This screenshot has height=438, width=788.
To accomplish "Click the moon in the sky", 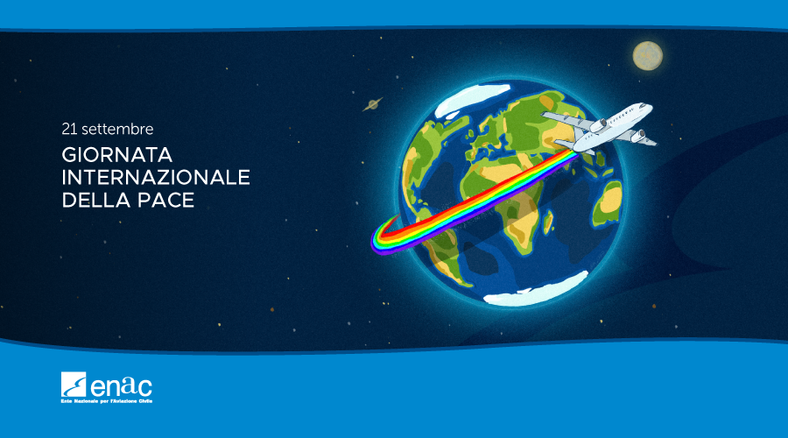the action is click(647, 56).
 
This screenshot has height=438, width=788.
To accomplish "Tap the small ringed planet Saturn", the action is click(372, 104).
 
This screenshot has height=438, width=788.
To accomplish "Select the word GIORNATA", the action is click(117, 155).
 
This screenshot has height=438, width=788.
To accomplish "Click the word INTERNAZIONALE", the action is click(156, 178).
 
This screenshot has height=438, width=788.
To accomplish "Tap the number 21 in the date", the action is click(69, 130).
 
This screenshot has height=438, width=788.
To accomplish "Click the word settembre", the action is click(117, 130).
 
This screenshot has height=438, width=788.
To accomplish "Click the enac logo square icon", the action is click(74, 385).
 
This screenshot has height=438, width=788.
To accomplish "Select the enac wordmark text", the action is click(121, 386).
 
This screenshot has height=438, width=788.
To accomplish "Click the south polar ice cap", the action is click(536, 290).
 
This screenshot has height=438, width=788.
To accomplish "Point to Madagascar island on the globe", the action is click(548, 223).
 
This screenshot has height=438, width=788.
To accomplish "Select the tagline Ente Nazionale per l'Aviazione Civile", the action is click(107, 401).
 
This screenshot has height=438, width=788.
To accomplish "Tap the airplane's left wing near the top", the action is click(566, 119).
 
